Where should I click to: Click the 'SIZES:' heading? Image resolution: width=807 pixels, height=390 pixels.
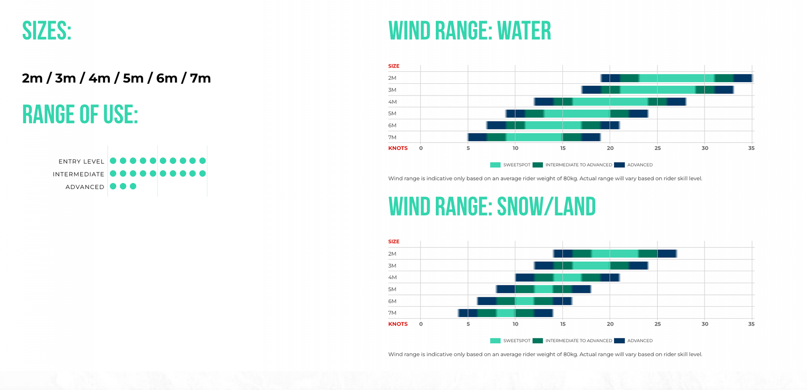[47, 31]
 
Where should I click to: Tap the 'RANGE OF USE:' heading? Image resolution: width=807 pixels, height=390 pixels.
[80, 114]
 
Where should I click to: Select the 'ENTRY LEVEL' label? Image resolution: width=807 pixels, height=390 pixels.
[81, 162]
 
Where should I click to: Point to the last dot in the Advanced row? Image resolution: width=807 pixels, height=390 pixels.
[133, 186]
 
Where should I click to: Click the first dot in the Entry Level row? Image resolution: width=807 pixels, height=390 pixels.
[113, 161]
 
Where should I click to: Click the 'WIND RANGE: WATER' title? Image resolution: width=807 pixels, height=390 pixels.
[469, 31]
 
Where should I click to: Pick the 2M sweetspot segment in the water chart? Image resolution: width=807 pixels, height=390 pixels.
[677, 78]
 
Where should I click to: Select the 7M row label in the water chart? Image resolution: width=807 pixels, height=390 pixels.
[392, 137]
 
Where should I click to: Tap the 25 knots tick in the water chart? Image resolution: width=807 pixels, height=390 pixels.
[657, 148]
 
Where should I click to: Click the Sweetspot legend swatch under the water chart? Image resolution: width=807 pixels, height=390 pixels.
[495, 165]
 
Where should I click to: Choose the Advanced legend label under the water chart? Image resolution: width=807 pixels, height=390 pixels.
[640, 165]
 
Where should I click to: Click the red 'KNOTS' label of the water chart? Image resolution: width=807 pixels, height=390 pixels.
[398, 148]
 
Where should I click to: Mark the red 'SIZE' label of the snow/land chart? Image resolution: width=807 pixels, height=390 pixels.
[394, 242]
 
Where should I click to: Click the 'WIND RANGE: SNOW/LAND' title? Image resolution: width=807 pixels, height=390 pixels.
[492, 207]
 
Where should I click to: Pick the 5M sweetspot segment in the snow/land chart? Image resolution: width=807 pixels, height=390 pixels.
[544, 289]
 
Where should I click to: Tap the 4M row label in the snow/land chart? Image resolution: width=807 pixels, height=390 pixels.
[392, 277]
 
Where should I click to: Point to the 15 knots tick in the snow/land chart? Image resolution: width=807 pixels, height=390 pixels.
[563, 324]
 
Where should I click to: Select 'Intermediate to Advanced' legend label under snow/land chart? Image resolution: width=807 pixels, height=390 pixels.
[579, 341]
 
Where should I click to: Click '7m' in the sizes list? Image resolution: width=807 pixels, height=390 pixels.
[200, 78]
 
